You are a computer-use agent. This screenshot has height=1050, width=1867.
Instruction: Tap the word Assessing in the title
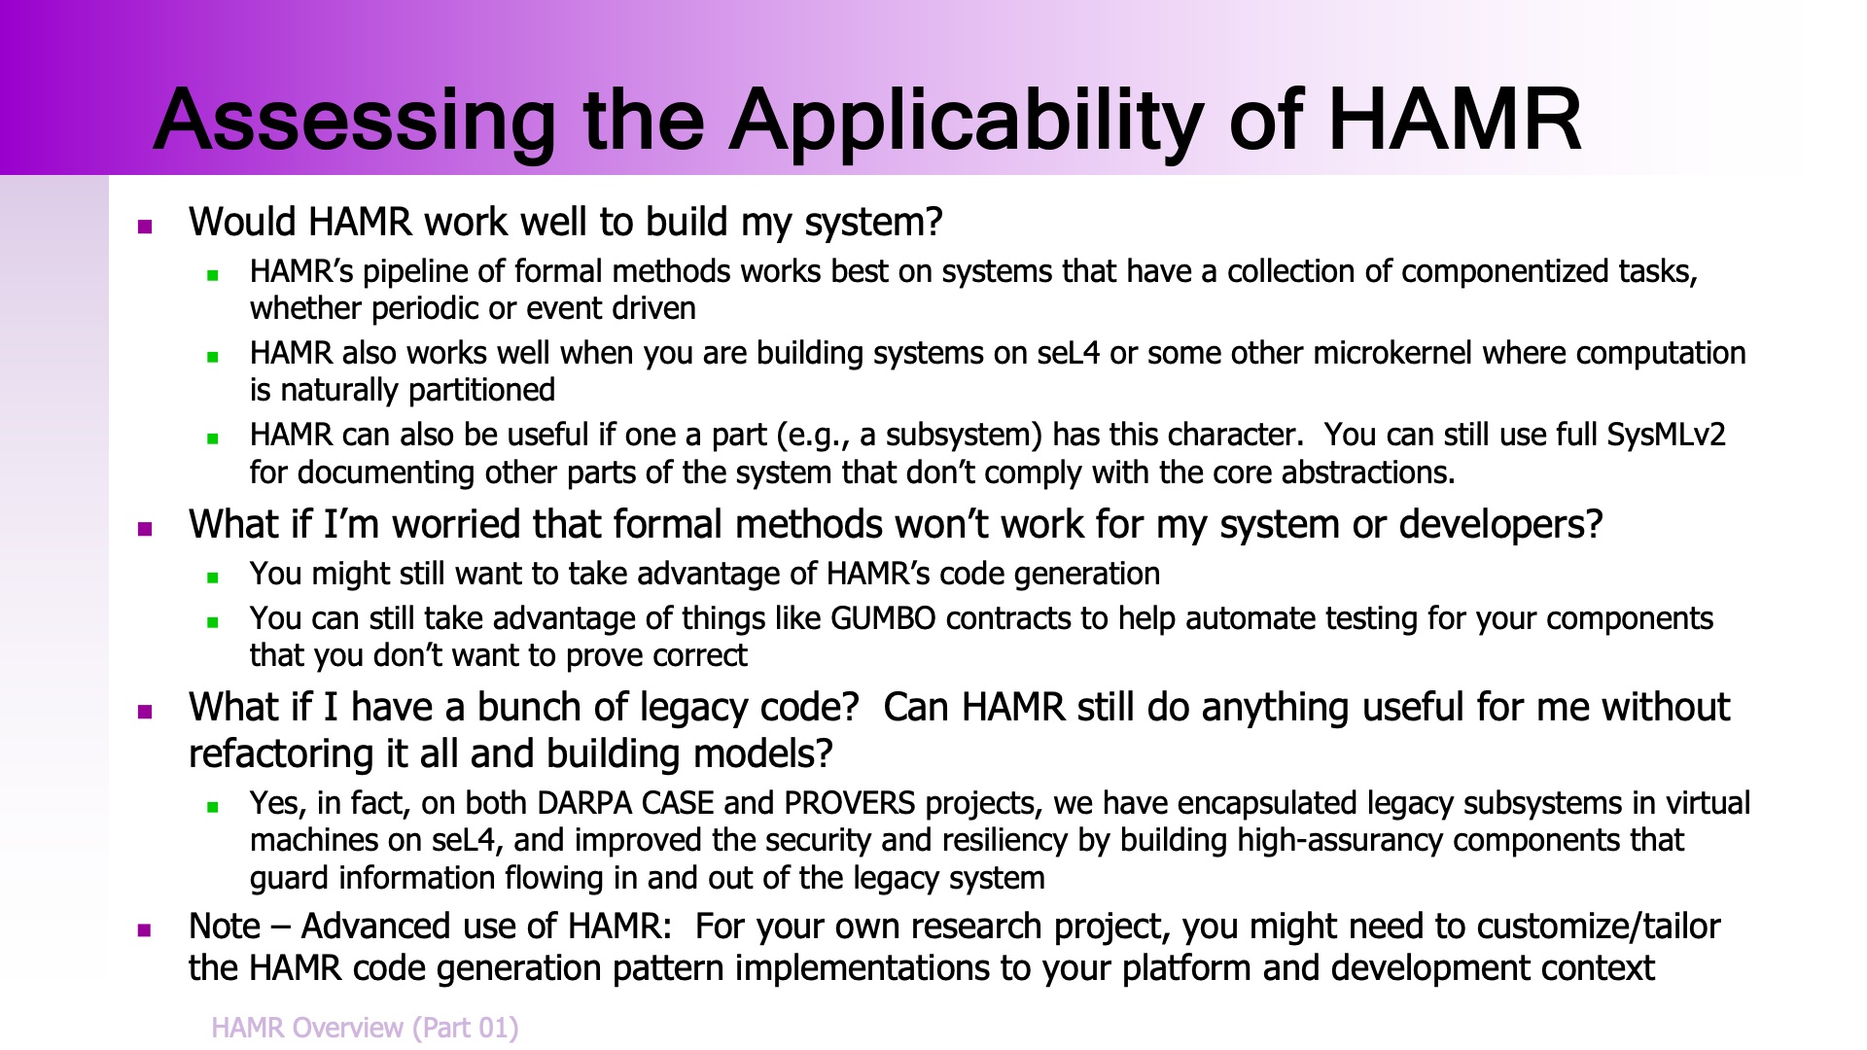coord(355,121)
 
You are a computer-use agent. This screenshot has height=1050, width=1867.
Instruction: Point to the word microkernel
coord(1392,353)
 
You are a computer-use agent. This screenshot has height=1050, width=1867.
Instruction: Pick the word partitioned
coord(481,391)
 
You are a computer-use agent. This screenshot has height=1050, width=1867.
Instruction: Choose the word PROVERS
coord(850,804)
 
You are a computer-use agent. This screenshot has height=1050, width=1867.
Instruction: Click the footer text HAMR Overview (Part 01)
coord(365,1028)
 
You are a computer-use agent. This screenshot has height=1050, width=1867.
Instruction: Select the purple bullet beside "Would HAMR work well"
coord(145,227)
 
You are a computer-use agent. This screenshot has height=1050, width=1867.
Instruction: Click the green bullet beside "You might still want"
coord(213,577)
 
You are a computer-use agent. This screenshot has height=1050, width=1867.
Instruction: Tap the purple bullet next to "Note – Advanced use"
coord(145,930)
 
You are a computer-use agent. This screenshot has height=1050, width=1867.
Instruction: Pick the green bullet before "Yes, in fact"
coord(213,807)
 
